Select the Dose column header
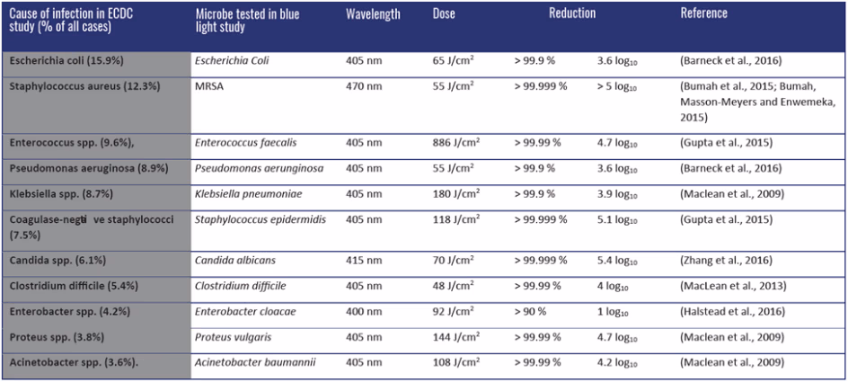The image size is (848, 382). point(444,14)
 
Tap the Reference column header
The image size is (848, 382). point(703,14)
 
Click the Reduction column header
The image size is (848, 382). point(572,14)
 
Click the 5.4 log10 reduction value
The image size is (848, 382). point(616,261)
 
